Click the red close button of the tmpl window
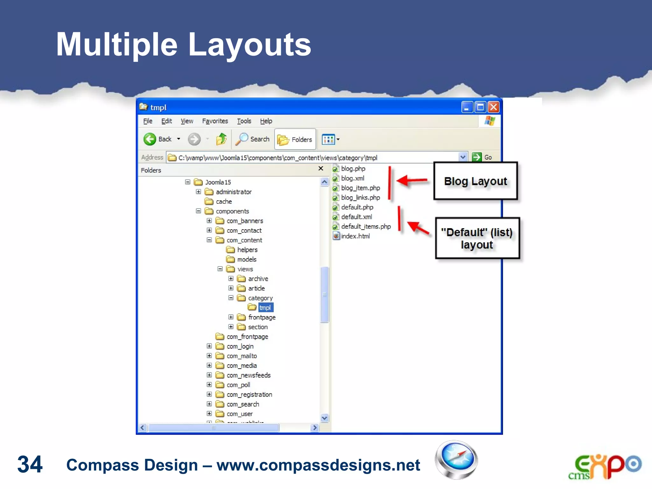(x=493, y=107)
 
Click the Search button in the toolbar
(x=253, y=139)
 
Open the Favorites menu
(x=215, y=121)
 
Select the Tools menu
(x=244, y=121)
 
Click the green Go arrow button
(x=477, y=157)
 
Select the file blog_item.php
(x=360, y=188)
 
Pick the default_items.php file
(x=365, y=226)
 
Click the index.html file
(x=355, y=236)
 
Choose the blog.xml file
(x=352, y=178)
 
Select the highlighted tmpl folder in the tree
(x=265, y=308)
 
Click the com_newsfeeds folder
(x=248, y=375)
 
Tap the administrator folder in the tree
(x=233, y=192)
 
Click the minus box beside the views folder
(x=220, y=269)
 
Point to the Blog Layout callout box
(x=475, y=181)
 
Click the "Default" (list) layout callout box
(x=477, y=238)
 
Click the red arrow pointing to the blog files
(x=412, y=181)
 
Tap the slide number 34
(x=30, y=464)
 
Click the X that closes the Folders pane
(x=321, y=168)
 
